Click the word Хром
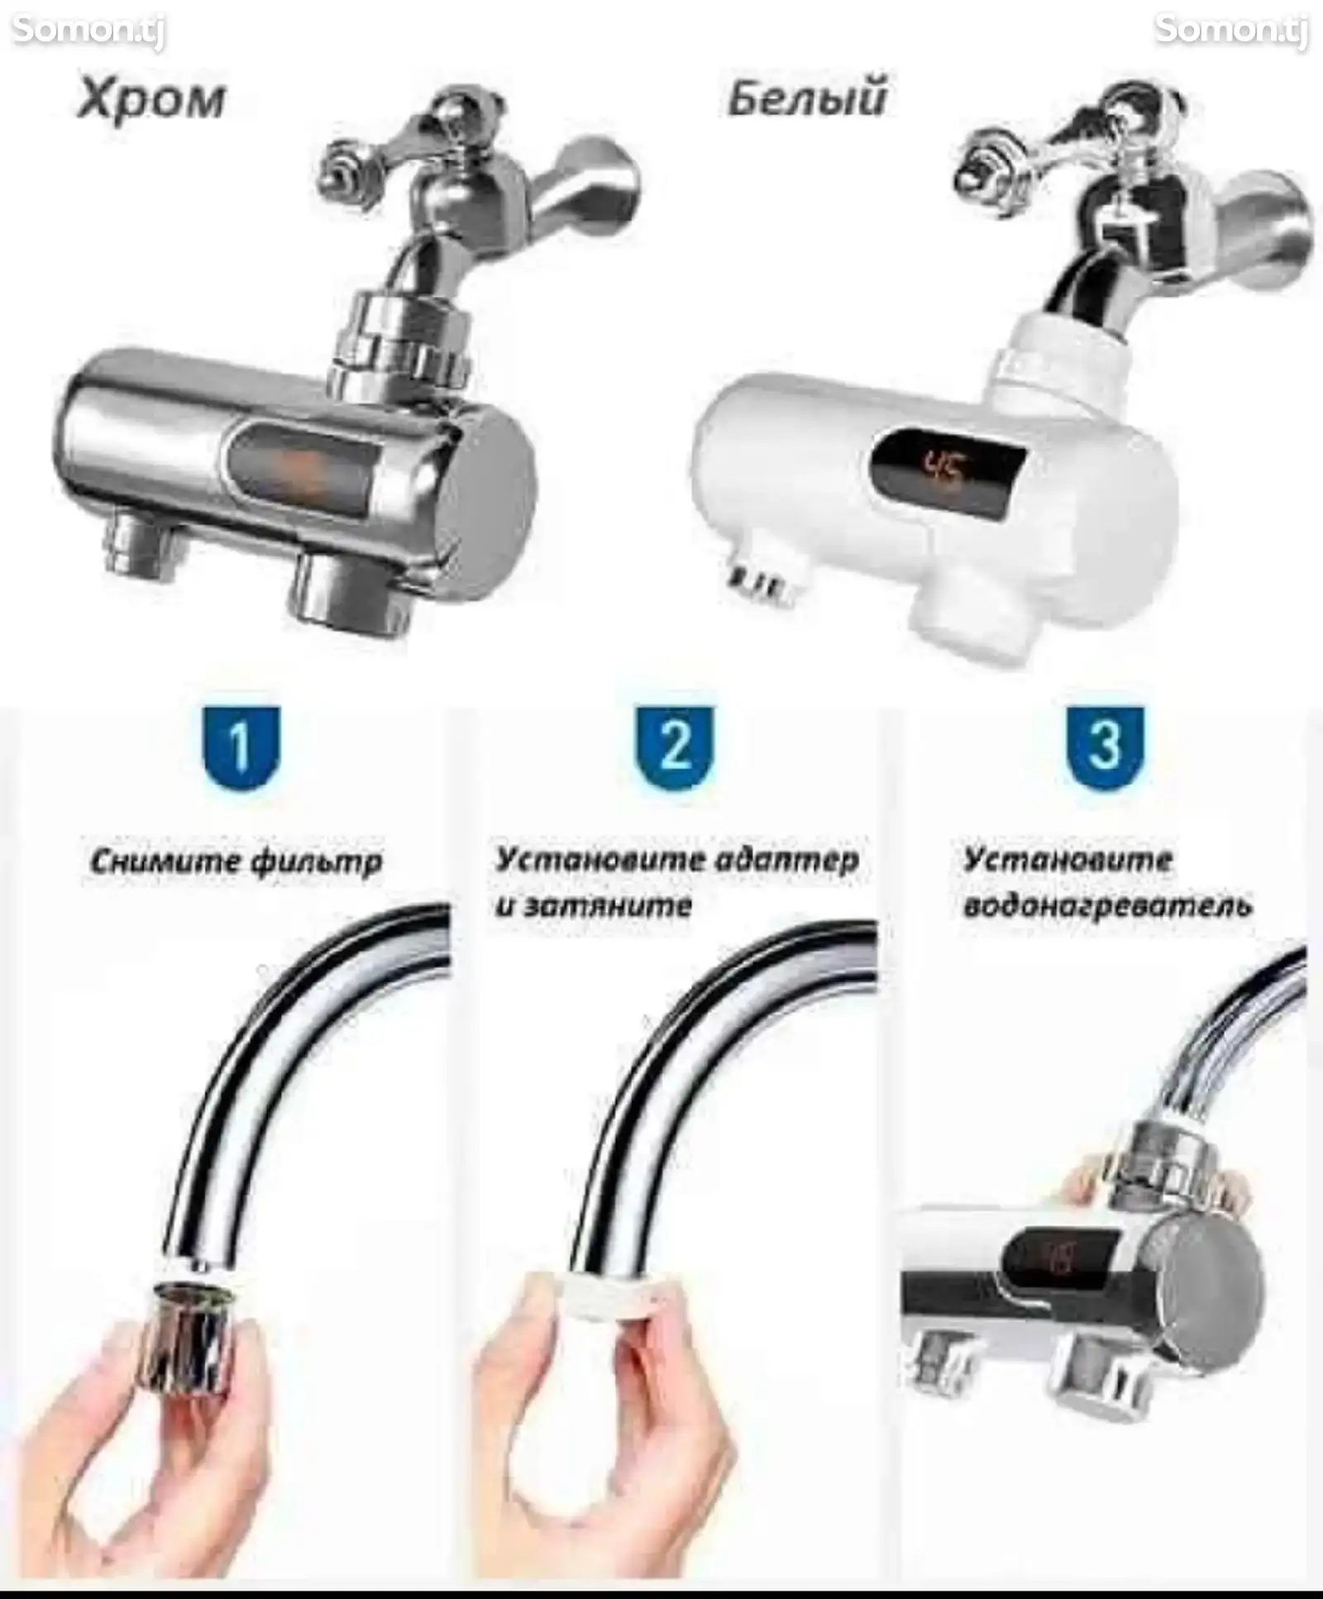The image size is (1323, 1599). (x=150, y=101)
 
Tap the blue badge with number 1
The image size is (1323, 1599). (x=241, y=747)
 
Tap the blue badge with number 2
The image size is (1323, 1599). (x=674, y=747)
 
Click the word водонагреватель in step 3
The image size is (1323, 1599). (x=1108, y=906)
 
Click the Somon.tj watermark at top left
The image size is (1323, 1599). (x=88, y=31)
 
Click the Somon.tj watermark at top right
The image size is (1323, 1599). (x=1231, y=31)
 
